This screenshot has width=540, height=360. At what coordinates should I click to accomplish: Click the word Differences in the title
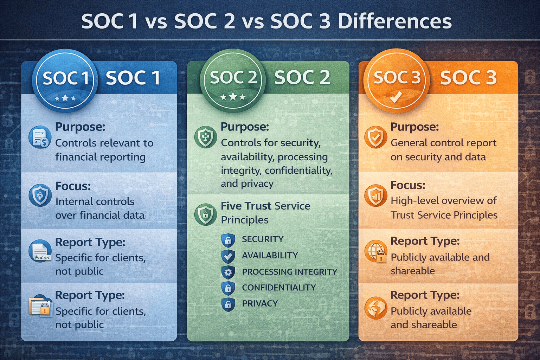394,21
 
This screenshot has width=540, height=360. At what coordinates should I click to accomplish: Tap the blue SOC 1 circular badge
65,81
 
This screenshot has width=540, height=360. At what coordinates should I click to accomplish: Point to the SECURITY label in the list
263,239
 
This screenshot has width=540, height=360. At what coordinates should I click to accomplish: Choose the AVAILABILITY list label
270,255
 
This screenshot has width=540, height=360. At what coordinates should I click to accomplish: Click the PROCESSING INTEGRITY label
289,272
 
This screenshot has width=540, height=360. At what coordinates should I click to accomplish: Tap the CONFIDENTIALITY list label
279,288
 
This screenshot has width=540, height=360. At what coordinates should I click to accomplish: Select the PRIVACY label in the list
260,303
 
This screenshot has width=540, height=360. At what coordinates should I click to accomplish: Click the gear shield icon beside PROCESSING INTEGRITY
228,272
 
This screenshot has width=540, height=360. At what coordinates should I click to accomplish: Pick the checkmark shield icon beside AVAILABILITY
228,256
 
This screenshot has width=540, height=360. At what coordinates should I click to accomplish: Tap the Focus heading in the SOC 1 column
73,186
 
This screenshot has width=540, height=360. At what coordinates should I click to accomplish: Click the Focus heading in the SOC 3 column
408,185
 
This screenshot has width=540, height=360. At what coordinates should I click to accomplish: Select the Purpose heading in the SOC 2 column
245,127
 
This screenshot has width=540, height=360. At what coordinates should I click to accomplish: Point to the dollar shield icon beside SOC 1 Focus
40,195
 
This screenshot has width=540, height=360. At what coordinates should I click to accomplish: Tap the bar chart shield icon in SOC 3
376,195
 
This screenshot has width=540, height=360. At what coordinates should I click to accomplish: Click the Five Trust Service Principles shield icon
205,214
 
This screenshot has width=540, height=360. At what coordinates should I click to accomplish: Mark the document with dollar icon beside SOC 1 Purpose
40,137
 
